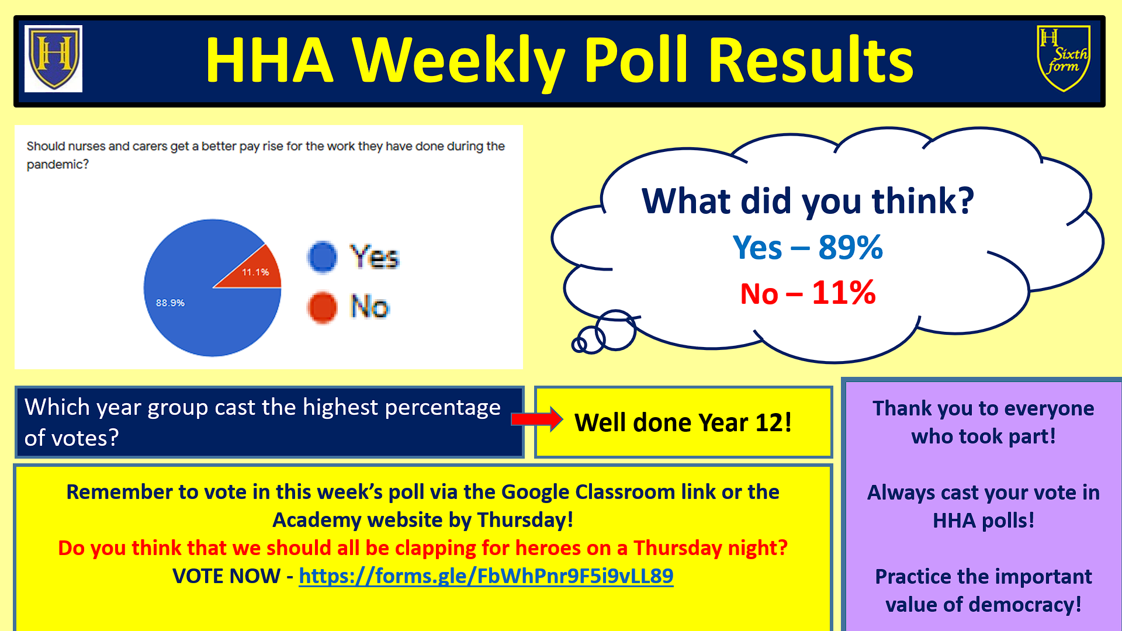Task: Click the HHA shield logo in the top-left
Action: (53, 58)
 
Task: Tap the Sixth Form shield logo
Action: (1064, 58)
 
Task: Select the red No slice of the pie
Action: (252, 269)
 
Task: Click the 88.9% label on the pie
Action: (170, 303)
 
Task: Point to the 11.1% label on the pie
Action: (255, 272)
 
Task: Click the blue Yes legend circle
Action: (323, 257)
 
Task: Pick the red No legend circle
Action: (323, 307)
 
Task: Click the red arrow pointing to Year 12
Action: (536, 419)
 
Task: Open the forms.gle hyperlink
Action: (486, 576)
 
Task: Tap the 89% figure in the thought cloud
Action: (850, 247)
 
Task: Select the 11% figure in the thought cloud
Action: (844, 293)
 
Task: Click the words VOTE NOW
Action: (226, 576)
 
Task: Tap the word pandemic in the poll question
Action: (57, 165)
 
